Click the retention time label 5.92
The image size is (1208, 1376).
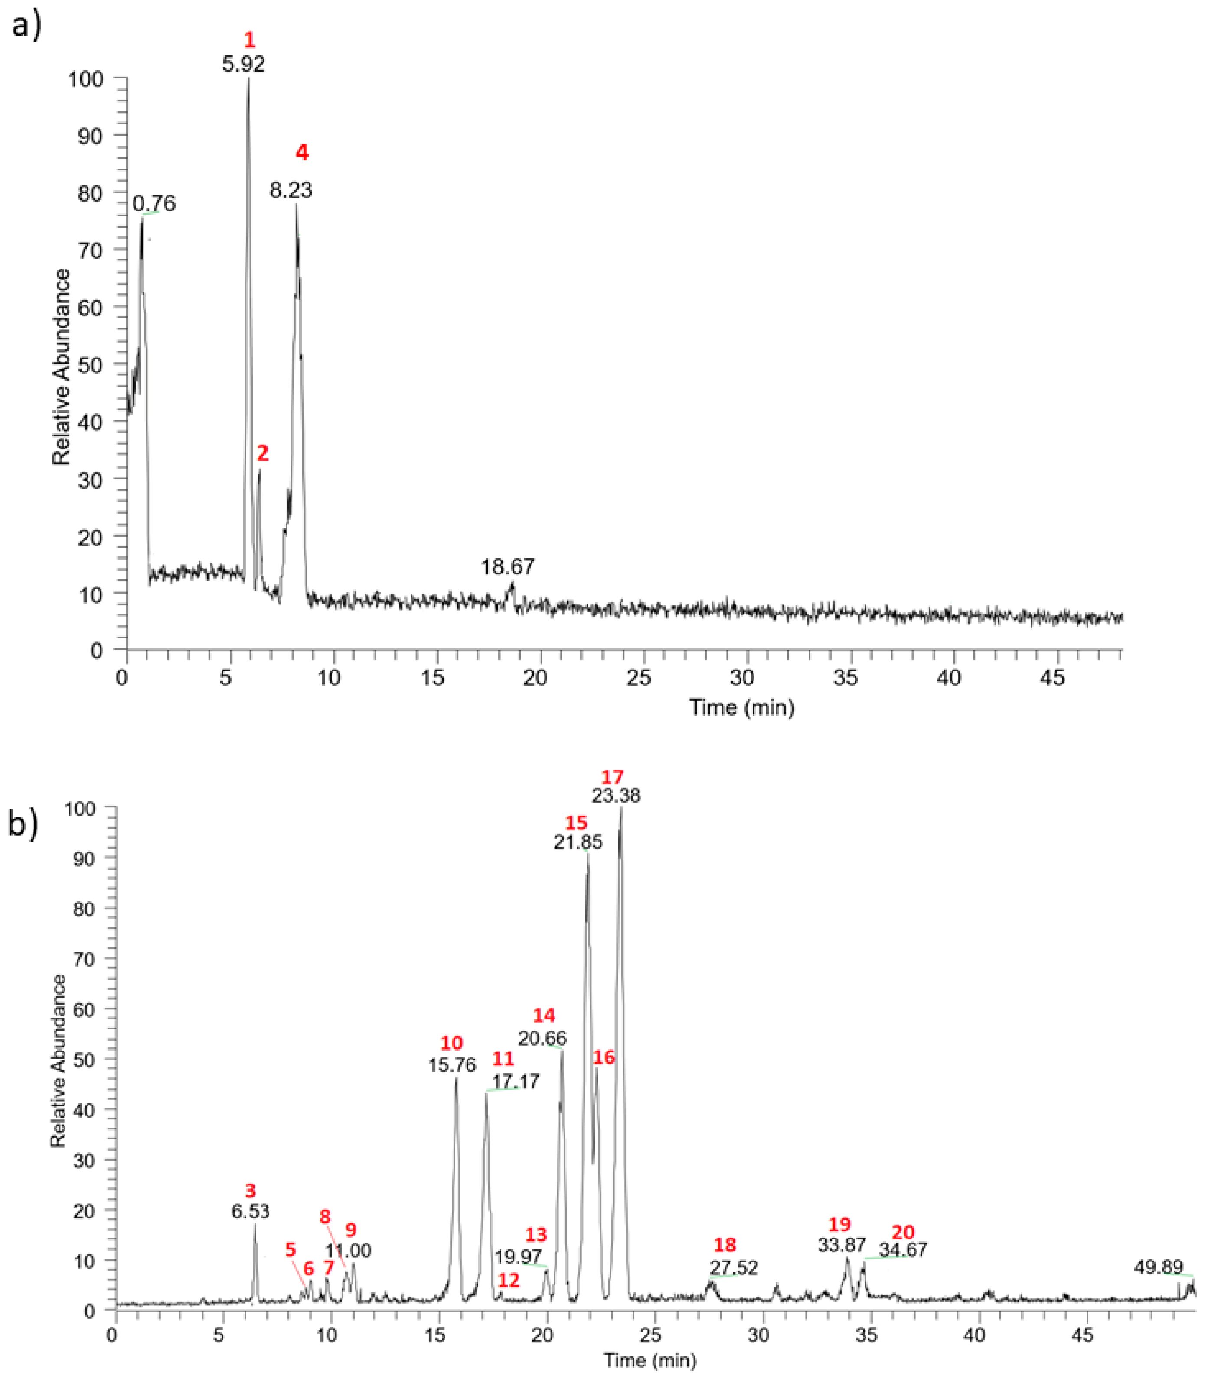[243, 65]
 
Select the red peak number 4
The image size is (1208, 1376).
[302, 153]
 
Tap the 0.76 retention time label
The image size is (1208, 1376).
[154, 203]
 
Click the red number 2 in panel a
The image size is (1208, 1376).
[263, 453]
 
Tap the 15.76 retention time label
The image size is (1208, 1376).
[452, 1065]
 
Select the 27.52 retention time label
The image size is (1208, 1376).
[734, 1268]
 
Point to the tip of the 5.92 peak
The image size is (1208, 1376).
[248, 79]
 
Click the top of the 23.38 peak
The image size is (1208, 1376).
[621, 809]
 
